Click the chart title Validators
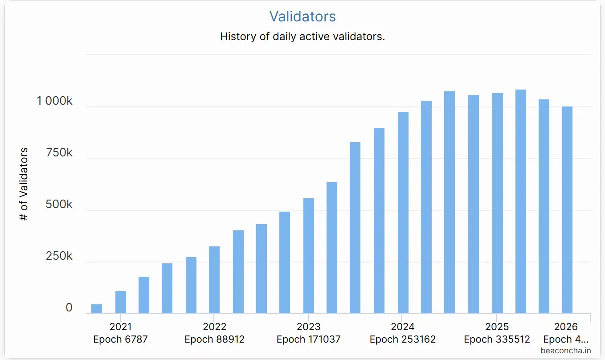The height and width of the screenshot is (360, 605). tap(302, 16)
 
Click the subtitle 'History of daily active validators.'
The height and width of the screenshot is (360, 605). tap(302, 37)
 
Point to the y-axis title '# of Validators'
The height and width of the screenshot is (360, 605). tap(24, 184)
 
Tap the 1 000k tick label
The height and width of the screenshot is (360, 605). tap(54, 101)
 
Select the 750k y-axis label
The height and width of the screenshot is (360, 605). tap(59, 153)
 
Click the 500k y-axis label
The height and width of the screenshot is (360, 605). tap(59, 205)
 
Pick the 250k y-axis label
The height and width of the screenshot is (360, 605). tap(59, 256)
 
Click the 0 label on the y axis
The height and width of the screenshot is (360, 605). tap(69, 308)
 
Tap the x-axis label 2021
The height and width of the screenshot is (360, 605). tap(120, 327)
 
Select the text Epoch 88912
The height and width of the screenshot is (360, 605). tap(214, 340)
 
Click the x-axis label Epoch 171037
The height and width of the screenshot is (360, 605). tap(308, 340)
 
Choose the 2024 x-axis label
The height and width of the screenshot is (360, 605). tap(403, 327)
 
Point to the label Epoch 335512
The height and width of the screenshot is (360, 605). tap(497, 340)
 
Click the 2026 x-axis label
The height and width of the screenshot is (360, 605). tap(566, 327)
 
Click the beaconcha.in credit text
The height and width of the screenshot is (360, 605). tap(566, 351)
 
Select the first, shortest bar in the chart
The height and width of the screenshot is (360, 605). tap(97, 309)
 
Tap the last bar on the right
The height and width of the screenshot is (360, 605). tap(567, 210)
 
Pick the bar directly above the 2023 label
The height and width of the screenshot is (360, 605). tap(309, 256)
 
